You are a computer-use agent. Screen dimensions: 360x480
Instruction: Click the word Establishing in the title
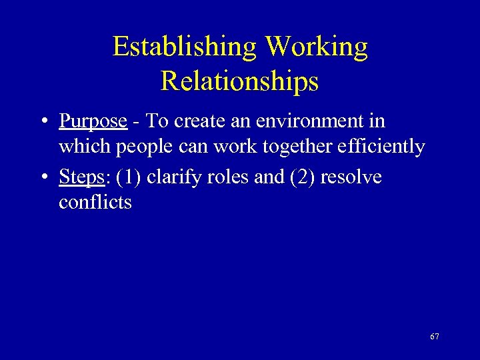185,47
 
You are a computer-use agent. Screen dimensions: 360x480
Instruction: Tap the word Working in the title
316,47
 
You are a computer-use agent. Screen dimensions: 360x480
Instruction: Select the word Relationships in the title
239,81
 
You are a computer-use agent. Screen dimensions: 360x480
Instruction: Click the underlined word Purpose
93,122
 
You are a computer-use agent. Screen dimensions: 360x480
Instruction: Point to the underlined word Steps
81,178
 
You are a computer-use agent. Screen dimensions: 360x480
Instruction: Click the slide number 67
434,337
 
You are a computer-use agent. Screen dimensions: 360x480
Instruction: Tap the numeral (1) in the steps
128,178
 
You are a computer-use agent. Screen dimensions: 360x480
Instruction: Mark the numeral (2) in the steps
300,178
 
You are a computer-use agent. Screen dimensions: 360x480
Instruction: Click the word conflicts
95,202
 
